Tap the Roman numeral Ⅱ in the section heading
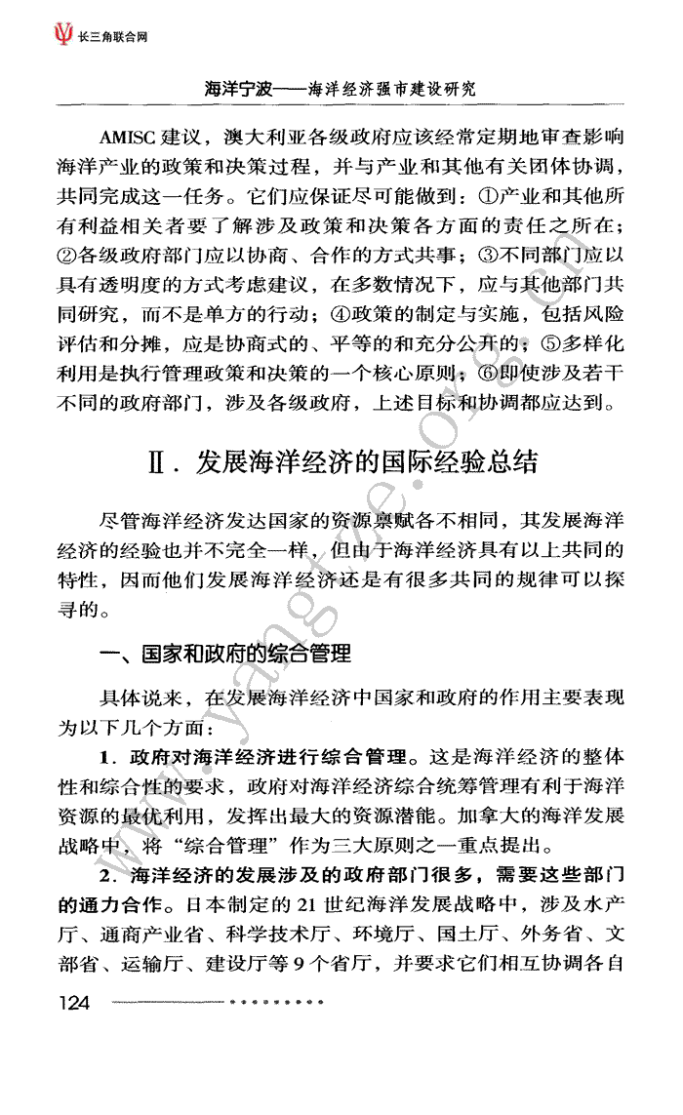click(x=156, y=461)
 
